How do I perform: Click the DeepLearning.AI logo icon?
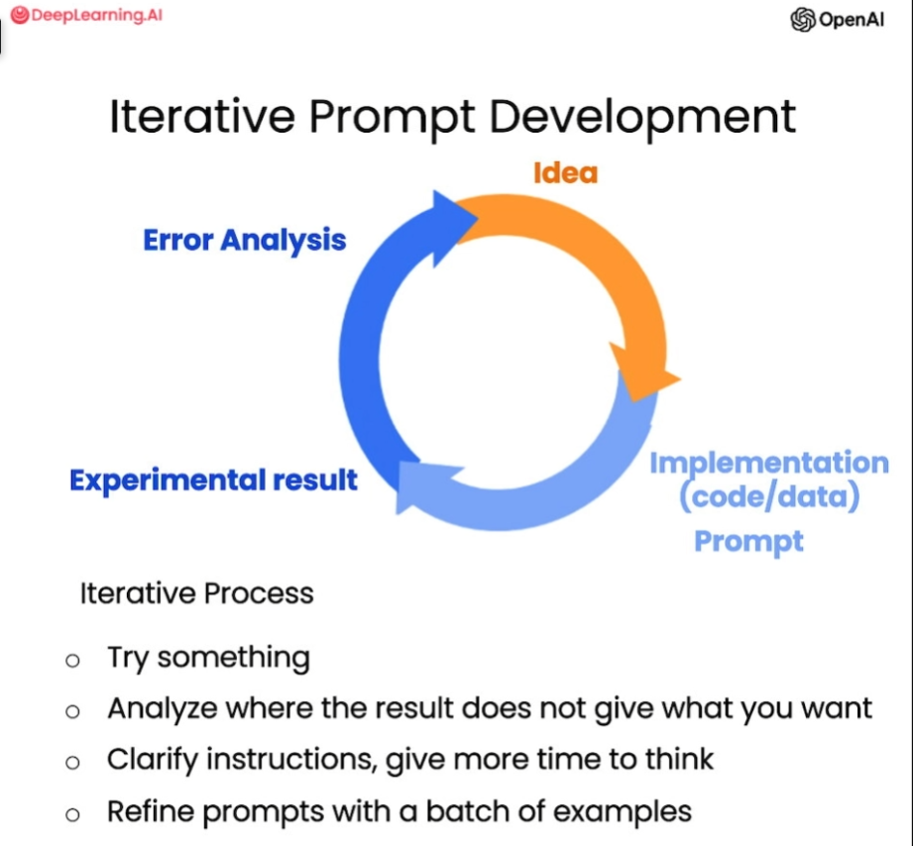(x=20, y=15)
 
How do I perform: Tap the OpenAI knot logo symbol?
(x=802, y=20)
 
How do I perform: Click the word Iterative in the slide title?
(x=202, y=116)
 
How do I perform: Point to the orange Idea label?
(x=565, y=173)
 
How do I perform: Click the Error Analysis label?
(x=245, y=241)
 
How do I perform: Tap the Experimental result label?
(x=213, y=480)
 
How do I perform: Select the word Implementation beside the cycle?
(x=769, y=464)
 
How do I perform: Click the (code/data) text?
(x=769, y=496)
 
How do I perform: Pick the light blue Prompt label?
(x=748, y=541)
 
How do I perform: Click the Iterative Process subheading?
(x=197, y=593)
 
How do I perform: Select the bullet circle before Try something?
(x=72, y=661)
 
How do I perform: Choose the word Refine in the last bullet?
(x=151, y=811)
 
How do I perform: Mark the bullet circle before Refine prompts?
(x=72, y=814)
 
